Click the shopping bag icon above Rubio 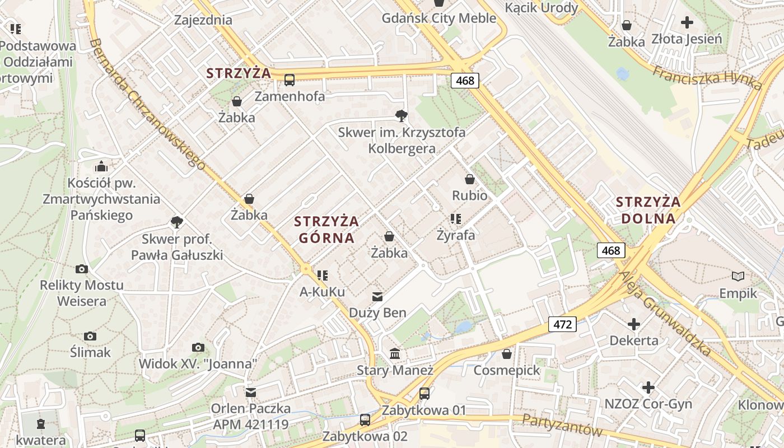pos(469,180)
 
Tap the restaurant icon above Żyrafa pos(455,219)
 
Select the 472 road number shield pos(562,324)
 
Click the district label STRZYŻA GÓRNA pos(326,230)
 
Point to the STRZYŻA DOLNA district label pos(648,210)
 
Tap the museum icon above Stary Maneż pos(395,354)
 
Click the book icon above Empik pos(738,276)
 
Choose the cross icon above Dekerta pos(633,324)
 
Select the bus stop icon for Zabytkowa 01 pos(424,394)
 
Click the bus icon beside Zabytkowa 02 pos(365,419)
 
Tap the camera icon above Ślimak pos(90,336)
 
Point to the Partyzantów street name pos(562,426)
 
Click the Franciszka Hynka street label pos(707,73)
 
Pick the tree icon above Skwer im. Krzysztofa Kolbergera pos(401,116)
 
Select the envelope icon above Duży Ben pos(377,296)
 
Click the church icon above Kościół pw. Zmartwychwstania pos(101,166)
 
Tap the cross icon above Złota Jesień pos(687,23)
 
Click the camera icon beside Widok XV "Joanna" pos(198,348)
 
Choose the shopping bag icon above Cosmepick pos(507,354)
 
